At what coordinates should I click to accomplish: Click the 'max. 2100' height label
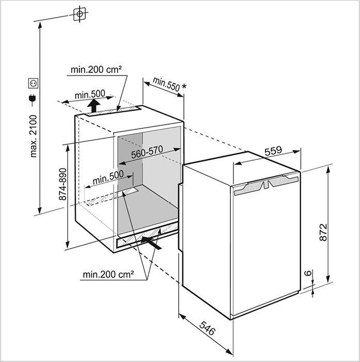34,136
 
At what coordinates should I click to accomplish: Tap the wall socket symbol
33,83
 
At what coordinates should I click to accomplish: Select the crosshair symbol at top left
80,14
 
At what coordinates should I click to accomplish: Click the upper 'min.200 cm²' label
96,69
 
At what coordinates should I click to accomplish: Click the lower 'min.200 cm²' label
108,275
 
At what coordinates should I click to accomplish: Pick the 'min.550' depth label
166,84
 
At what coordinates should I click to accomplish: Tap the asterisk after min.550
184,86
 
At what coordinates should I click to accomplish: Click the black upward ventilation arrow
93,105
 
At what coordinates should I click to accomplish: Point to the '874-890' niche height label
62,184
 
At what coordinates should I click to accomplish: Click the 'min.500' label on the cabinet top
90,94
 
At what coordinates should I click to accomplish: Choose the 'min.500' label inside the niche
108,177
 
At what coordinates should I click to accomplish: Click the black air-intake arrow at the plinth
151,243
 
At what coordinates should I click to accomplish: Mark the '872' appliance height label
323,232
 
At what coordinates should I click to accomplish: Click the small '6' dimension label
308,273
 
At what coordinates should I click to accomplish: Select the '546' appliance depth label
207,328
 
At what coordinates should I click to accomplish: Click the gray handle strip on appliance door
267,185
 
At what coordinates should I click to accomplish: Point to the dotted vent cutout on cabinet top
113,111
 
